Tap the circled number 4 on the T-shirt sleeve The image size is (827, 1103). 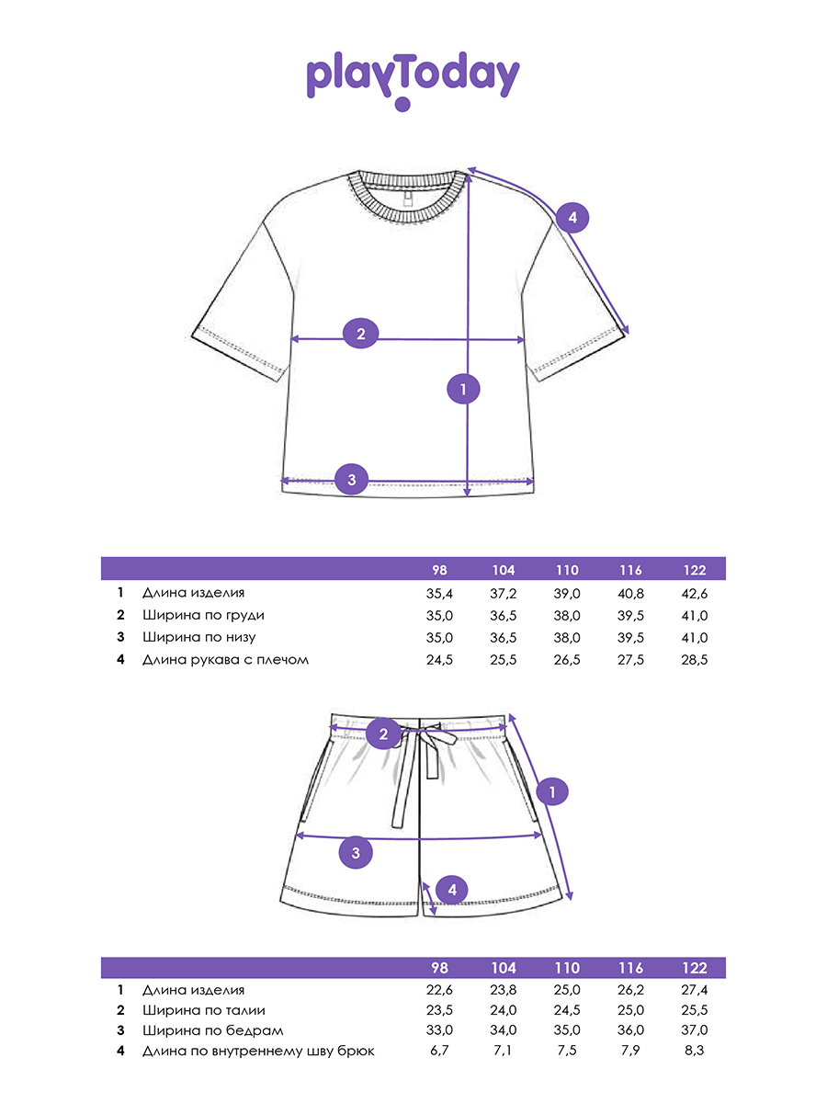(572, 218)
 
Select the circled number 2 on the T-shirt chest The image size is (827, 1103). (360, 334)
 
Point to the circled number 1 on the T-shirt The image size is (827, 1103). (463, 389)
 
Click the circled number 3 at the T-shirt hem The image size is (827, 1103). (352, 479)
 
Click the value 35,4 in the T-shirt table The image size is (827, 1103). (439, 594)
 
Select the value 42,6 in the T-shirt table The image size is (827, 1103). (695, 594)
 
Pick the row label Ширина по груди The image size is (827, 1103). (203, 616)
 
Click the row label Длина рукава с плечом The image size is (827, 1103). (225, 660)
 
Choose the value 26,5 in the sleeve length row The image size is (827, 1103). (567, 660)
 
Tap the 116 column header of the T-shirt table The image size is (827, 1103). (630, 571)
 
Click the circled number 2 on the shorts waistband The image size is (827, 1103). (383, 734)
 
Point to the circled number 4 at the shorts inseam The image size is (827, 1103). (452, 890)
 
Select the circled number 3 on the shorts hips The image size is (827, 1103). (356, 853)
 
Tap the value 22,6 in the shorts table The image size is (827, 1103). (439, 990)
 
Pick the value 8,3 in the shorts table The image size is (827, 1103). (695, 1051)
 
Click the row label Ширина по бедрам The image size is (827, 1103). (213, 1030)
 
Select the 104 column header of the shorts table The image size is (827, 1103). (504, 968)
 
